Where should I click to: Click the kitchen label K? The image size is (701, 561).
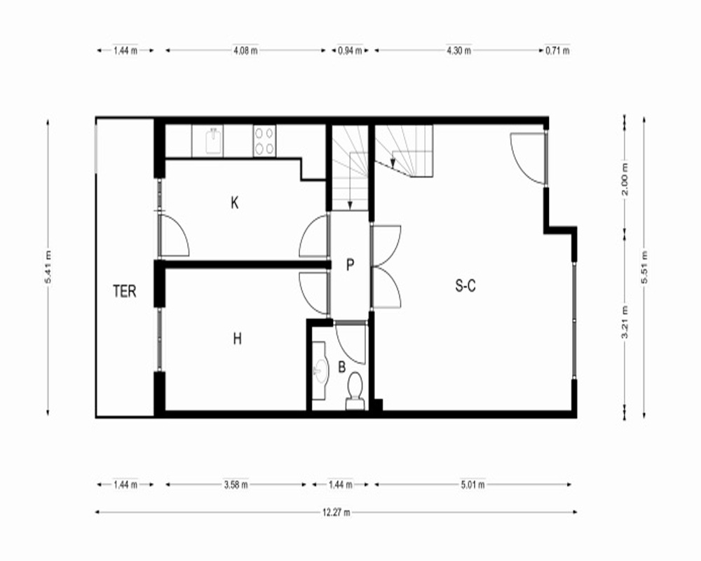click(x=235, y=203)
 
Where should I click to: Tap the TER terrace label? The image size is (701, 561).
click(x=124, y=291)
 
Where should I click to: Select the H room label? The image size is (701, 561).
click(x=238, y=339)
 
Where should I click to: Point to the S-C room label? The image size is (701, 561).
click(x=465, y=285)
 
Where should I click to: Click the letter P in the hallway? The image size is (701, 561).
click(x=350, y=265)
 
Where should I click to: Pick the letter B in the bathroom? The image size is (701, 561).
click(x=342, y=367)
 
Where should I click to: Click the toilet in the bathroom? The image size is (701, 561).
click(x=355, y=391)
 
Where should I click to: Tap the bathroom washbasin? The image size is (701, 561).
click(x=320, y=371)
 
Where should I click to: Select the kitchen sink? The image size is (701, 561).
click(x=214, y=140)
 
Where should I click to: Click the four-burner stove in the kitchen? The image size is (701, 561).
click(x=264, y=140)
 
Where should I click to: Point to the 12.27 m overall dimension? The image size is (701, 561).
click(x=336, y=512)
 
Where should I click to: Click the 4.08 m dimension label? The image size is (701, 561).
click(x=245, y=50)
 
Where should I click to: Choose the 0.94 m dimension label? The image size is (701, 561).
click(x=350, y=50)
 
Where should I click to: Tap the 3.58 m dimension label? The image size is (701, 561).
click(x=236, y=485)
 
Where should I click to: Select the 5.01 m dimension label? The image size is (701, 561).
click(x=472, y=485)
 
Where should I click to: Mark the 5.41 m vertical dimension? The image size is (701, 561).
click(x=48, y=267)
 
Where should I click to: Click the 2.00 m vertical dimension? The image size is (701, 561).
click(x=625, y=179)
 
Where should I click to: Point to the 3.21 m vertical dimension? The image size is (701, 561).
click(x=625, y=323)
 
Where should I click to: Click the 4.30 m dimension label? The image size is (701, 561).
click(x=458, y=50)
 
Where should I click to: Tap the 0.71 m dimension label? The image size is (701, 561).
click(x=557, y=50)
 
